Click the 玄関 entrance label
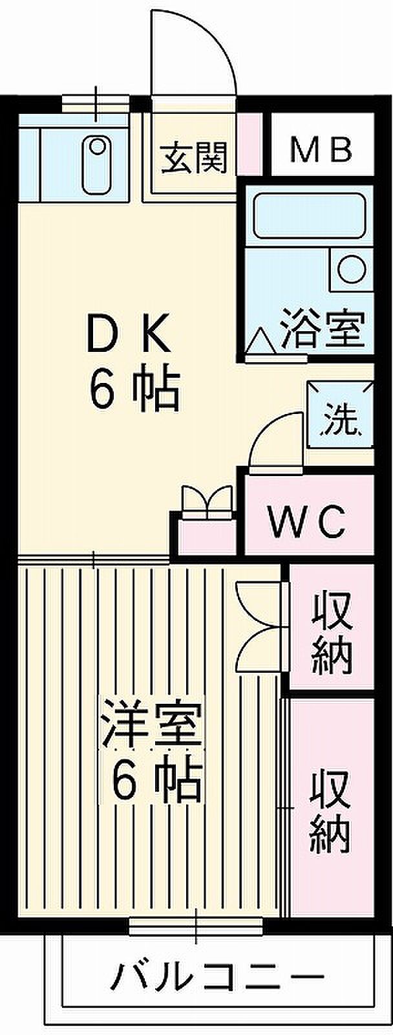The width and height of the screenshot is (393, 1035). click(x=194, y=157)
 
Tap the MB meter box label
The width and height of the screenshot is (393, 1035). click(x=321, y=149)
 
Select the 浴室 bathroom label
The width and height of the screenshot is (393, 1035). click(x=323, y=329)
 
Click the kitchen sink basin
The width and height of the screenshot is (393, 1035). click(x=98, y=165)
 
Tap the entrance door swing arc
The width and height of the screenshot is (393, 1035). click(x=194, y=51)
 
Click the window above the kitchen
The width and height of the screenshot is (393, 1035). click(x=96, y=103)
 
